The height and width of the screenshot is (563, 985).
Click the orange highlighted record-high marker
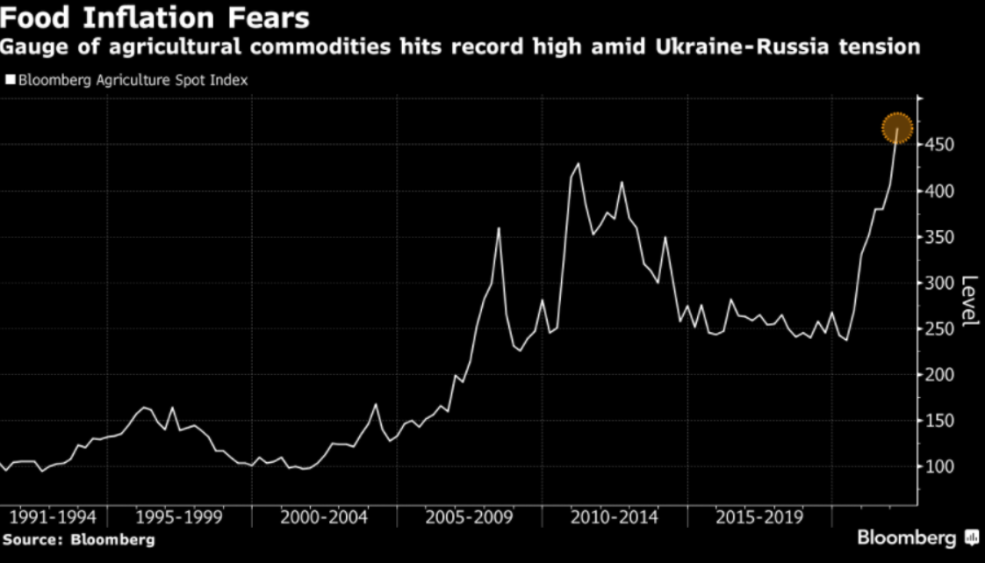click(x=896, y=129)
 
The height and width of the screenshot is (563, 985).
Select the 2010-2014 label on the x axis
click(x=615, y=516)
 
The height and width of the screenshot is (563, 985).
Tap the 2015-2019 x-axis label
click(x=759, y=516)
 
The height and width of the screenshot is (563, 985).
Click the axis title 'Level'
click(x=970, y=301)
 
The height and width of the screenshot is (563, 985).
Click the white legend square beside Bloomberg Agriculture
click(x=10, y=80)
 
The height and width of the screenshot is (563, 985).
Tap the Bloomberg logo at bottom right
click(x=917, y=538)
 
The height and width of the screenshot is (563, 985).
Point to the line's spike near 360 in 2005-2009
click(x=499, y=228)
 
